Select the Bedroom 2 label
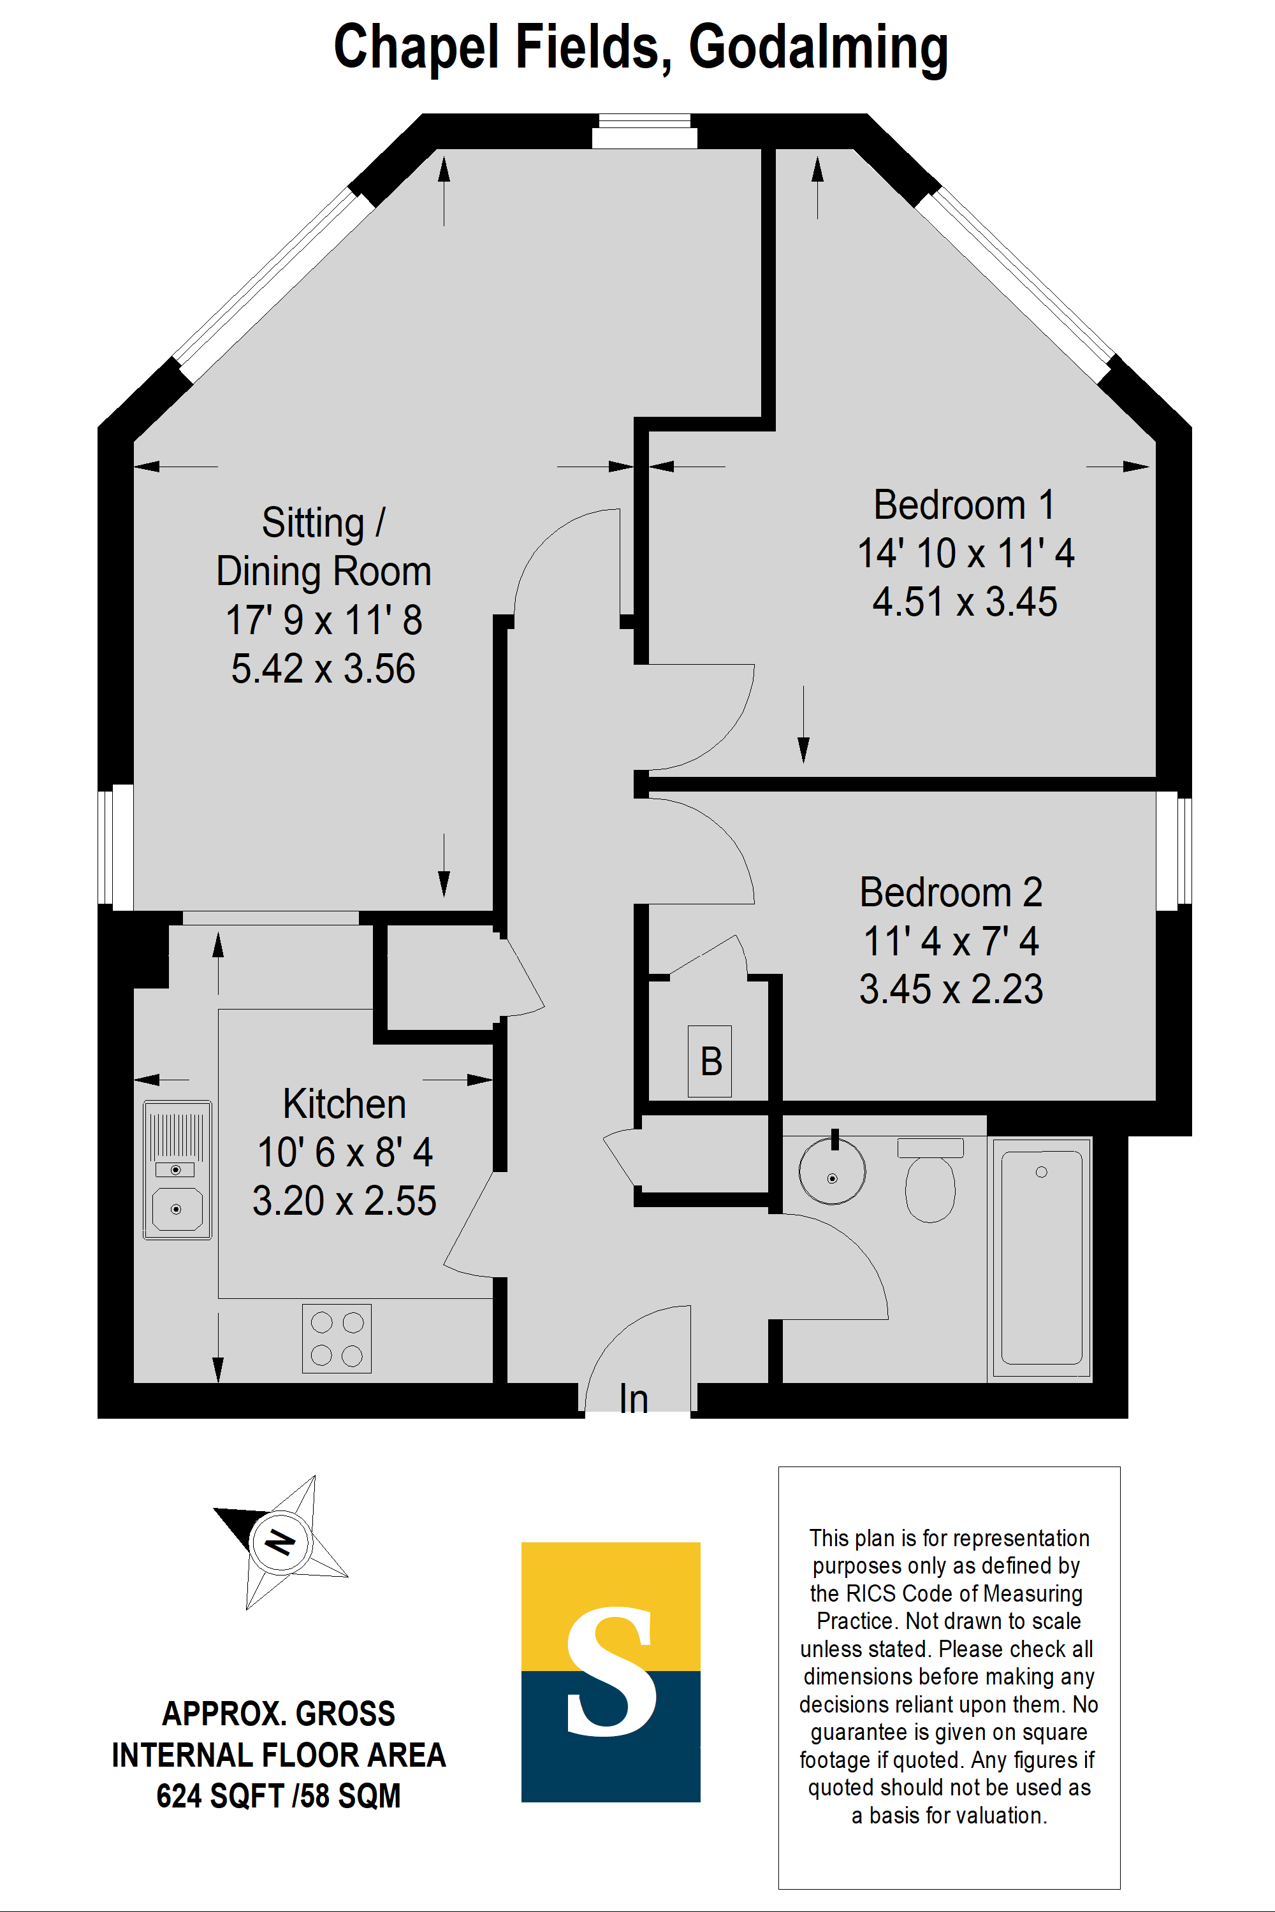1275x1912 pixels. pyautogui.click(x=951, y=893)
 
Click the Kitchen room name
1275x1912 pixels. pyautogui.click(x=344, y=1104)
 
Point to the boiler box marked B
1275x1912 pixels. pyautogui.click(x=710, y=1061)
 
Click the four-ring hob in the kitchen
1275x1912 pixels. pyautogui.click(x=337, y=1338)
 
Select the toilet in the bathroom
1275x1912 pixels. pyautogui.click(x=930, y=1184)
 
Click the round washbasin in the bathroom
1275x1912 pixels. pyautogui.click(x=832, y=1171)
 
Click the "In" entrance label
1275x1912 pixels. pyautogui.click(x=634, y=1399)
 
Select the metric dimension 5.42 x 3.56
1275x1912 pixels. pyautogui.click(x=323, y=669)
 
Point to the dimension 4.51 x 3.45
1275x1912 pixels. pyautogui.click(x=965, y=602)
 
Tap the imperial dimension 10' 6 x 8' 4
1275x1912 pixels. pyautogui.click(x=344, y=1152)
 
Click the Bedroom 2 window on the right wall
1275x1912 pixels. pyautogui.click(x=1174, y=850)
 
